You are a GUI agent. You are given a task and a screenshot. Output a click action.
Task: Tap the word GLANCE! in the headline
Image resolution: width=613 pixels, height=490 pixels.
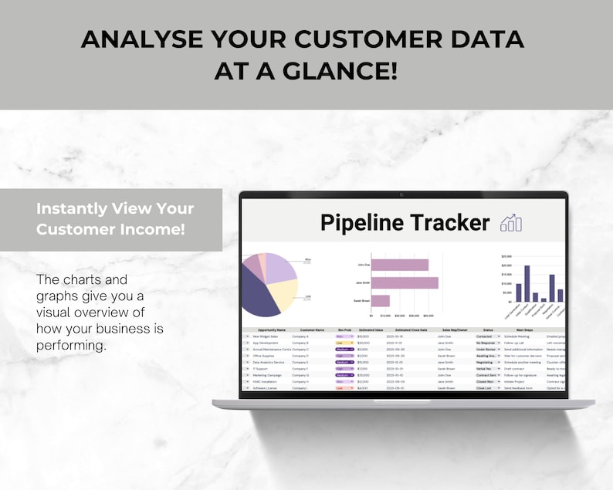(x=344, y=72)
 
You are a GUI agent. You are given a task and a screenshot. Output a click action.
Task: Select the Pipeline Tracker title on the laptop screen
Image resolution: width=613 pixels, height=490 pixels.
(x=405, y=223)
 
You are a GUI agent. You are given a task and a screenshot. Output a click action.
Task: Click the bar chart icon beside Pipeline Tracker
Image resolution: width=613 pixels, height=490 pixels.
(x=511, y=223)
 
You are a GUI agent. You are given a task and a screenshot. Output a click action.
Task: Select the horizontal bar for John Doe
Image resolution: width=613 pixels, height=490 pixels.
(x=400, y=265)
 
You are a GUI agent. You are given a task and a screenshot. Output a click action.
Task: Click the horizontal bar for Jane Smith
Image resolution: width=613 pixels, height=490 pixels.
(x=405, y=282)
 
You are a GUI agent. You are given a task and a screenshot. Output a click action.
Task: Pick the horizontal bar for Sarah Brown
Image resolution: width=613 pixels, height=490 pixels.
(x=380, y=301)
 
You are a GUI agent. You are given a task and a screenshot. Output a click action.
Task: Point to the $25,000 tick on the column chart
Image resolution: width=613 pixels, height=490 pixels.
(x=506, y=255)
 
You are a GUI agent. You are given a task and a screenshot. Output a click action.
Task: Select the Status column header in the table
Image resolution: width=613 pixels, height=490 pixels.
(x=488, y=329)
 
